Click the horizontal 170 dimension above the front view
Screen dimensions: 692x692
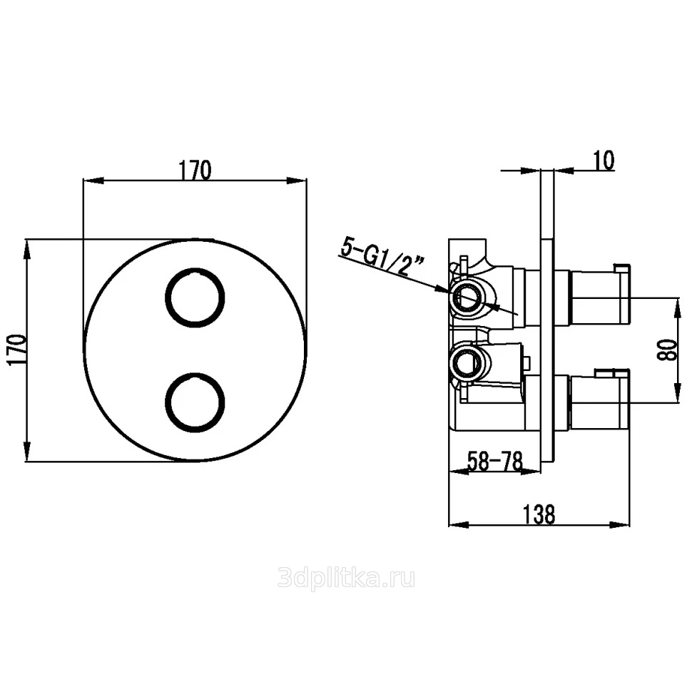(x=195, y=171)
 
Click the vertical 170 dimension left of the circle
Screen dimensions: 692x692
(x=17, y=350)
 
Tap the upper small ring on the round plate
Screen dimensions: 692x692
(x=195, y=297)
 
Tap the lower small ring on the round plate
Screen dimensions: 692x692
(x=195, y=402)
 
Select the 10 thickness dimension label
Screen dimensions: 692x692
(x=604, y=161)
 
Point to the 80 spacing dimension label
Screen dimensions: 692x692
(x=666, y=350)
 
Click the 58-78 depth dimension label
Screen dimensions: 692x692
(x=494, y=461)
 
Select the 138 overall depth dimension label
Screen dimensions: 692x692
(x=539, y=514)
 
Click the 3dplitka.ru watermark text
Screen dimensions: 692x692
(x=347, y=579)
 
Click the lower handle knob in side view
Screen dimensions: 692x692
(x=600, y=402)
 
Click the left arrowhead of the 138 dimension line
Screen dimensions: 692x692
(x=459, y=525)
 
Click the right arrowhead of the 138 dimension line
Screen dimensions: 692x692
(x=621, y=525)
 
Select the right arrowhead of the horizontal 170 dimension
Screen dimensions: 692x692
(x=297, y=180)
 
